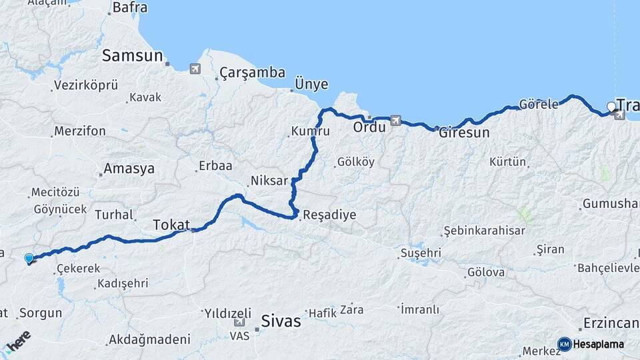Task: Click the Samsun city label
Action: (132, 56)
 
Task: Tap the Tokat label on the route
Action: (171, 224)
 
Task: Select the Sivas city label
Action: (281, 321)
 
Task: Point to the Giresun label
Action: (464, 132)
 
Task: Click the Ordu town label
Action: (369, 127)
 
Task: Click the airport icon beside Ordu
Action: (397, 121)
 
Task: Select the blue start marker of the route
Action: (29, 258)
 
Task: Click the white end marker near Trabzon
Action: (611, 106)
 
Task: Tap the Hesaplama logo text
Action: (599, 345)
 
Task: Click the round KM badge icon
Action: (565, 344)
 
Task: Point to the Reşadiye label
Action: (329, 215)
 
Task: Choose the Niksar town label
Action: (269, 181)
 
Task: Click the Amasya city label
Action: (129, 168)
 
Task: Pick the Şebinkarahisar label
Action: (484, 231)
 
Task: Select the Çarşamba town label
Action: (253, 73)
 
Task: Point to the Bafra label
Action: (130, 8)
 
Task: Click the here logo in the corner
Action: (18, 341)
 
